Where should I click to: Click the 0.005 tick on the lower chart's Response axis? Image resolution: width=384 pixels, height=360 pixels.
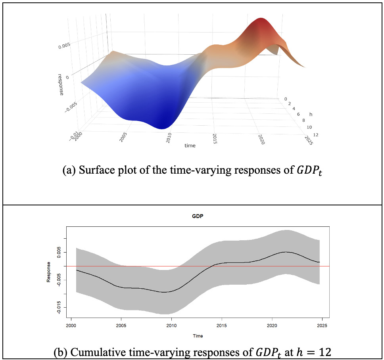coord(59,252)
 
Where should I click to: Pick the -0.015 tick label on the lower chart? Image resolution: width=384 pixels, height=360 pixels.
coord(59,308)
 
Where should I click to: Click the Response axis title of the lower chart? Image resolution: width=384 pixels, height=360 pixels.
coord(48,272)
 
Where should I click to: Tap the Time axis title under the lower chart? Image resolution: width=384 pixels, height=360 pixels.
coord(198,336)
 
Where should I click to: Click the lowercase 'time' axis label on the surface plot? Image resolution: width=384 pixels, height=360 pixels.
coord(190,146)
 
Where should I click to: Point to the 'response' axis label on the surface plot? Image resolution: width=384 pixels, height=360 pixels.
coord(61,84)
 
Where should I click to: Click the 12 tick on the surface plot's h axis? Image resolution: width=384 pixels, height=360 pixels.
coord(315,135)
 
